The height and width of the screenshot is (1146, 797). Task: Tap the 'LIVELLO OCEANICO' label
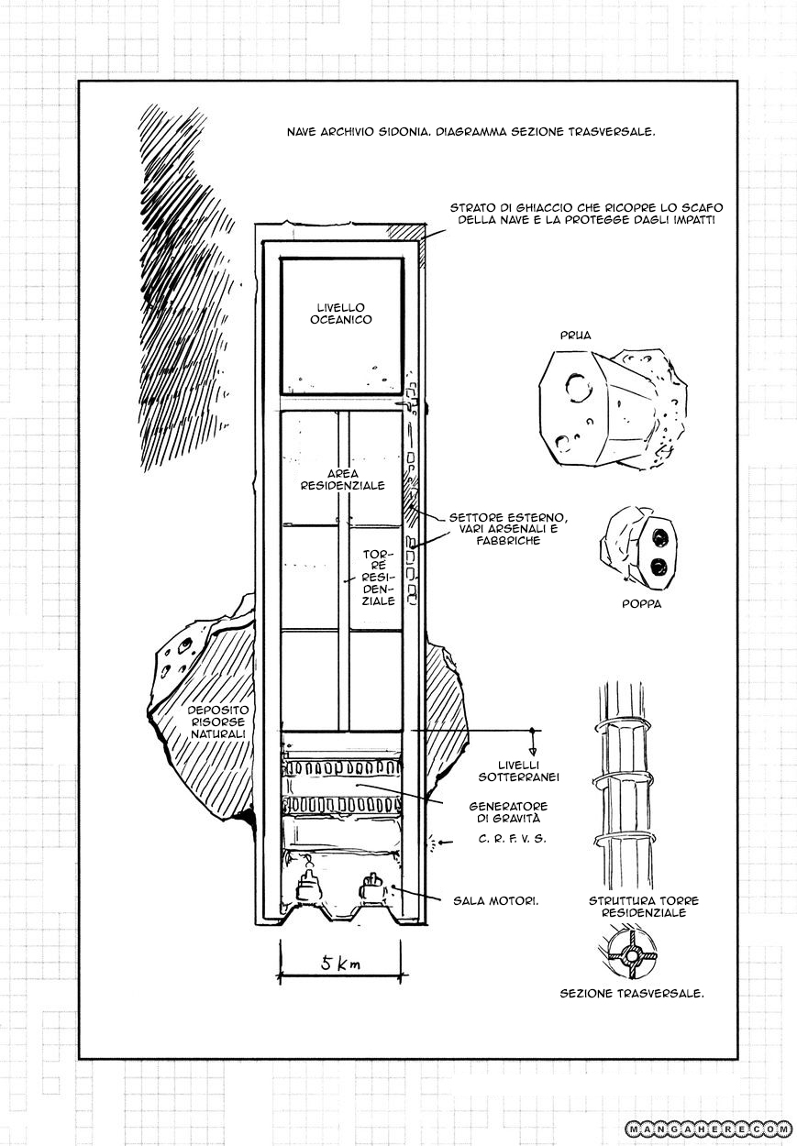(x=341, y=314)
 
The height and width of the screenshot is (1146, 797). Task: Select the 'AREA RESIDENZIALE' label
(x=342, y=479)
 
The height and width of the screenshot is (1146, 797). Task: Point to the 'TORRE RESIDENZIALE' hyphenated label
(x=379, y=578)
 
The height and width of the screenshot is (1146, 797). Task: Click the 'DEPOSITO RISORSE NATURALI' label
(x=218, y=722)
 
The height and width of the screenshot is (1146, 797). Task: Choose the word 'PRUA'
(x=576, y=336)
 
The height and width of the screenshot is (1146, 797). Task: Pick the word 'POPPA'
(x=641, y=603)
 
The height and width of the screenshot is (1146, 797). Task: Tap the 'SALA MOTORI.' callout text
(x=495, y=901)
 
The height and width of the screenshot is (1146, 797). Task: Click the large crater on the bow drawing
(x=580, y=387)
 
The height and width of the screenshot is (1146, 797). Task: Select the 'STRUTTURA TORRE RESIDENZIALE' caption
(x=644, y=907)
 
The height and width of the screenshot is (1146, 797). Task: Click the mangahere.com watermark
(x=709, y=1127)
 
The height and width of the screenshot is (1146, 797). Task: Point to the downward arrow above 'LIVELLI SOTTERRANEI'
(x=532, y=742)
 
